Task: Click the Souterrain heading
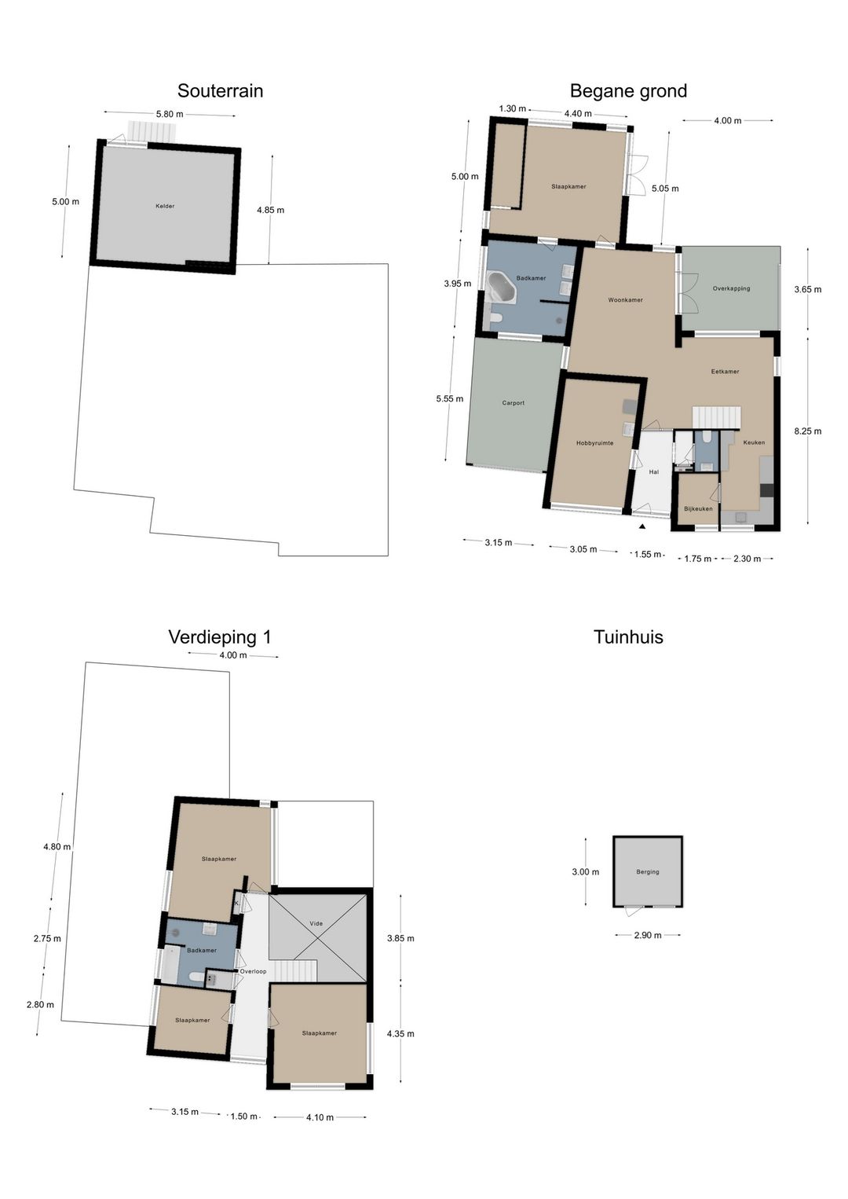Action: [x=220, y=90]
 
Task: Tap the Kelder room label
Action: [x=165, y=206]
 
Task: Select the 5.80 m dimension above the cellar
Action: [x=169, y=114]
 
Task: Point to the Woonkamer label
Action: [x=625, y=300]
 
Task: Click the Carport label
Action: [x=513, y=403]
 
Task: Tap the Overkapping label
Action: [x=731, y=288]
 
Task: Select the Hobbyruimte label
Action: [x=594, y=443]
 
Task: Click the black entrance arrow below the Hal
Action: [x=641, y=526]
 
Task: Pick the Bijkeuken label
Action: [x=698, y=508]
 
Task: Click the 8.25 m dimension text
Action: [x=807, y=431]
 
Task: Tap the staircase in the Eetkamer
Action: [x=716, y=417]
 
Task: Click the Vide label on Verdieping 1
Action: [x=316, y=923]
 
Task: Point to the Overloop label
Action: [x=253, y=971]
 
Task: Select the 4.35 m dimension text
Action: [x=400, y=1033]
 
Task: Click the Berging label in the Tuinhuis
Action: [x=647, y=872]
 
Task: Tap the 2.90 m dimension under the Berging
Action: [x=647, y=935]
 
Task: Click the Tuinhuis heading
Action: [x=628, y=636]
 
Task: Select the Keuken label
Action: [x=753, y=442]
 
